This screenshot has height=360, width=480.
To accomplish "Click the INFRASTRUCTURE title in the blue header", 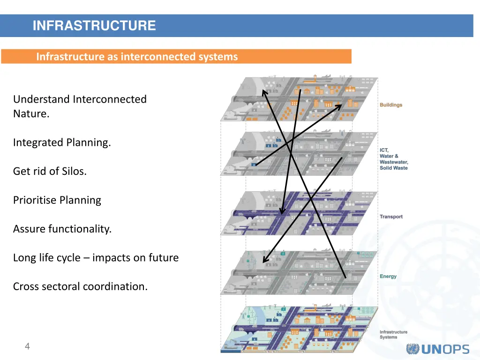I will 94,25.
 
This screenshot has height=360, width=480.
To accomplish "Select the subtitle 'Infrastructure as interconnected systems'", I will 137,57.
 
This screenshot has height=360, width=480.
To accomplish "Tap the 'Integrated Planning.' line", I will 62,142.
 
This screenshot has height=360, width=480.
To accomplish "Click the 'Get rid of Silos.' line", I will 50,171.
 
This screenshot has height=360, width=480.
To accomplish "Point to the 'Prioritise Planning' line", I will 57,200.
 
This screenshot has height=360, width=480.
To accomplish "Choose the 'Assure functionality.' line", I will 62,229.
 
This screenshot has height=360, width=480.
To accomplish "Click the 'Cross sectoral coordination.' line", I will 80,286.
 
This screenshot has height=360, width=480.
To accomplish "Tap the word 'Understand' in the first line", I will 41,99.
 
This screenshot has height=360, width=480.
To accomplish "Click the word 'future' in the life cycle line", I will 164,258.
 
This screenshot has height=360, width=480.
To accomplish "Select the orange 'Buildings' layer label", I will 391,105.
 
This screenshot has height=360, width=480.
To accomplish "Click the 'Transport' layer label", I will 391,217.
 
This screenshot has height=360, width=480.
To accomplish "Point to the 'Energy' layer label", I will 388,276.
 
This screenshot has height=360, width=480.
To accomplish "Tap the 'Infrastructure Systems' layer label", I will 393,334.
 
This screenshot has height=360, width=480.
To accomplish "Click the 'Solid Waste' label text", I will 394,168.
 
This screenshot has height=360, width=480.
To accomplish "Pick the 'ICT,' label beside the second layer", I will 384,150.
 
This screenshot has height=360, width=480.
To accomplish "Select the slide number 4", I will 27,346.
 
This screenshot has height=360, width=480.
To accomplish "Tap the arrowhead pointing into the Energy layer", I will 264,261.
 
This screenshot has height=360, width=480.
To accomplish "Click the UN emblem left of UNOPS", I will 413,349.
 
